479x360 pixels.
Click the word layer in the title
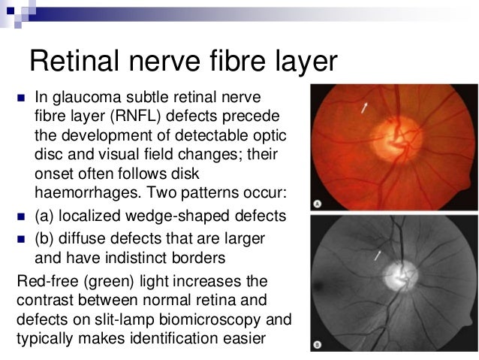[301, 62]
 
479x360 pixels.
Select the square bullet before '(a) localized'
[18, 216]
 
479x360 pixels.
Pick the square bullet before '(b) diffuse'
[18, 241]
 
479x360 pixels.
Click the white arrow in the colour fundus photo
[365, 109]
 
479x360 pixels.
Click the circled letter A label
[318, 204]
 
